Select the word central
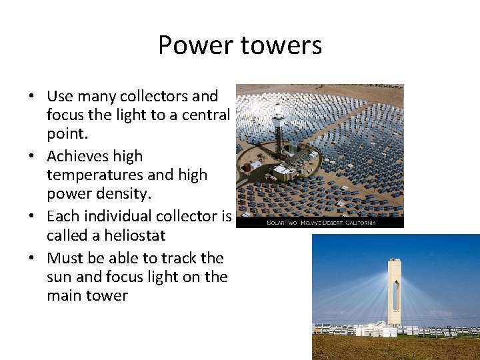(x=205, y=115)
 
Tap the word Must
(x=65, y=258)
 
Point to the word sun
(x=60, y=277)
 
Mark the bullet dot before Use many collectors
(x=31, y=97)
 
